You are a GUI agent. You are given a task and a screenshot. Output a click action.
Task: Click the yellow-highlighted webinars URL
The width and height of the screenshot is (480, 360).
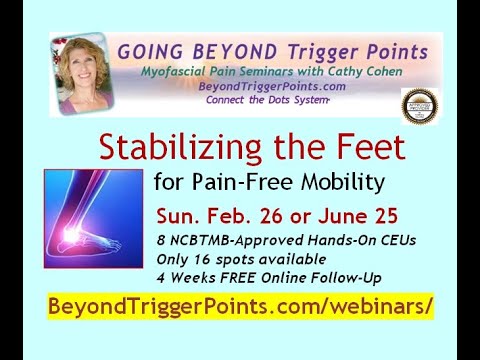tap(240, 306)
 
